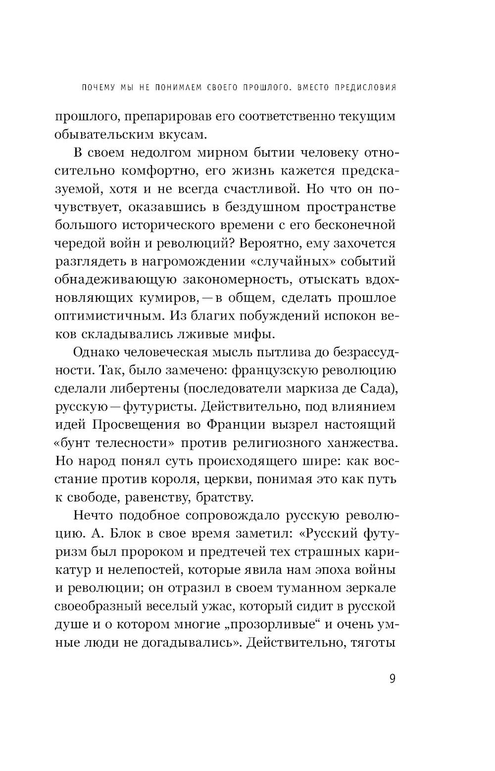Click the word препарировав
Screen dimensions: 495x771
tap(173, 117)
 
